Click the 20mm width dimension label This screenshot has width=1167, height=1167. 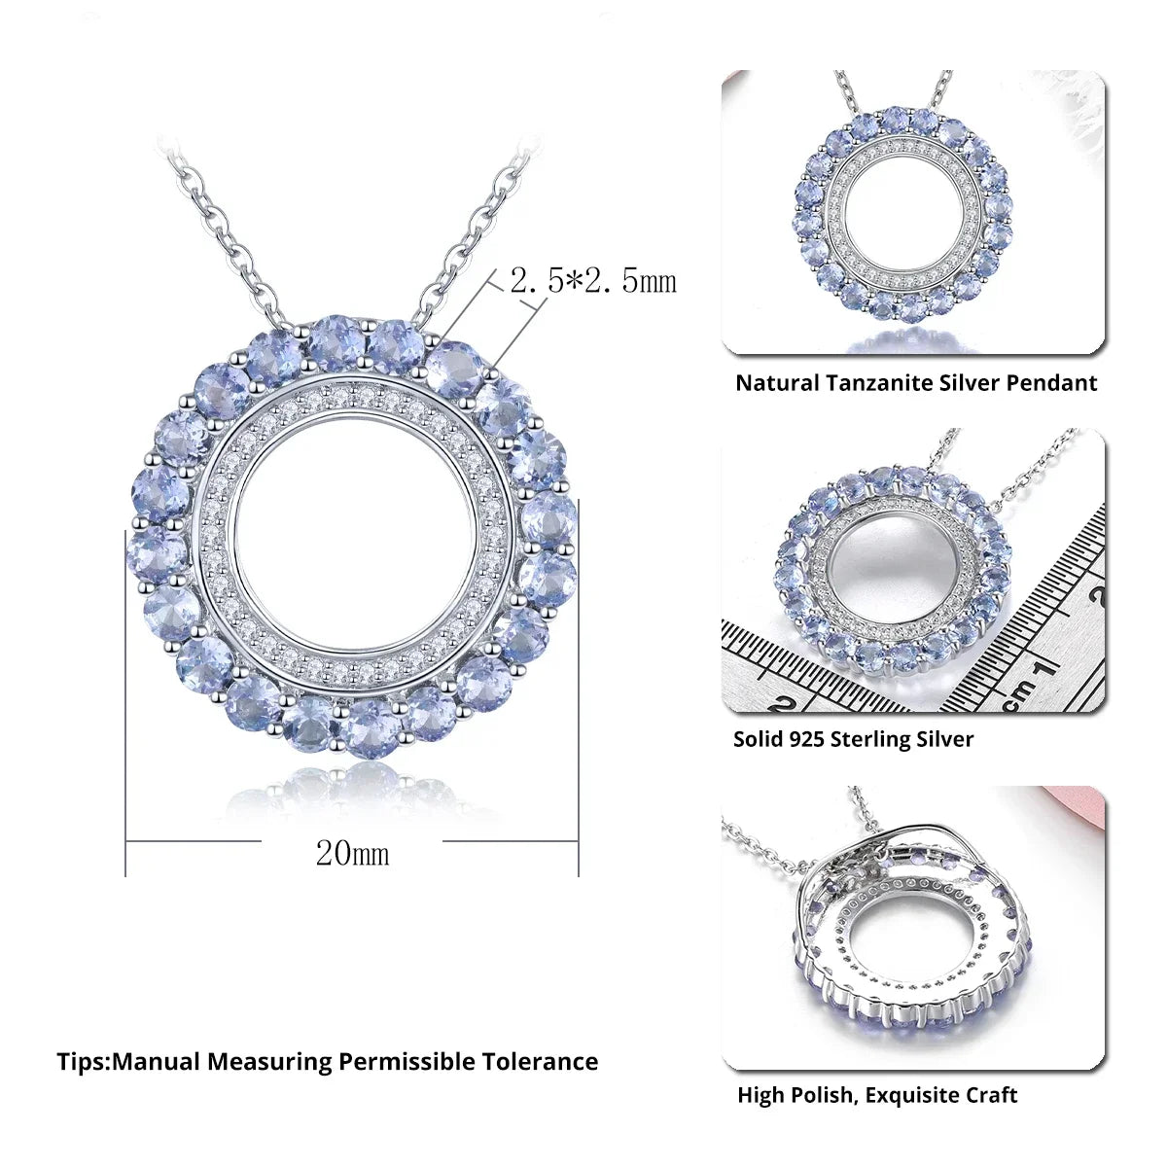[352, 854]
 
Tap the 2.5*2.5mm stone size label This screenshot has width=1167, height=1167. [593, 280]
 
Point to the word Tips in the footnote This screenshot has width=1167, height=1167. [81, 1062]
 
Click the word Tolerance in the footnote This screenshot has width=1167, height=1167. [540, 1062]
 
